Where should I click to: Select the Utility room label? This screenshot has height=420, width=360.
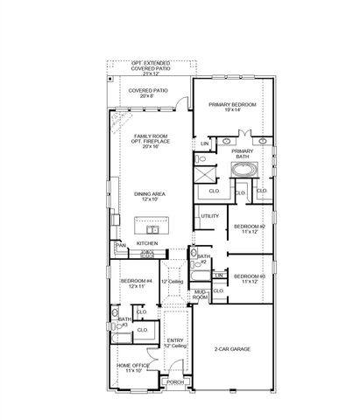[x=209, y=216]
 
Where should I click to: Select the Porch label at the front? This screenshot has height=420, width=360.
[x=175, y=381]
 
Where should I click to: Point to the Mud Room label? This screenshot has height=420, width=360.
[x=201, y=296]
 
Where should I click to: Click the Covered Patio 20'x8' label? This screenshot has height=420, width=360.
[x=148, y=93]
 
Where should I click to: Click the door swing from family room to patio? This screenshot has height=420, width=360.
[x=180, y=104]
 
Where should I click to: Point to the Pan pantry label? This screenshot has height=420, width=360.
[x=121, y=246]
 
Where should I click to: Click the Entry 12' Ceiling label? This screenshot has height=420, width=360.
[x=175, y=343]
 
